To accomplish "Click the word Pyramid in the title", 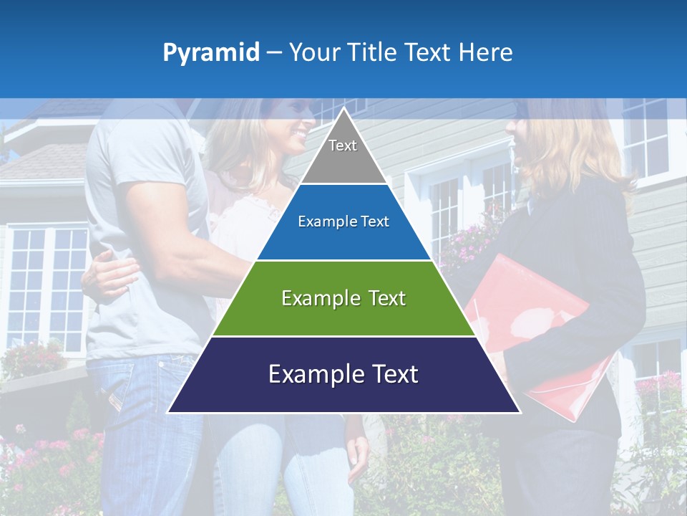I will [211, 53].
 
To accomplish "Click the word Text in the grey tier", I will [343, 146].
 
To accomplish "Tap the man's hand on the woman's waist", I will [111, 274].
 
